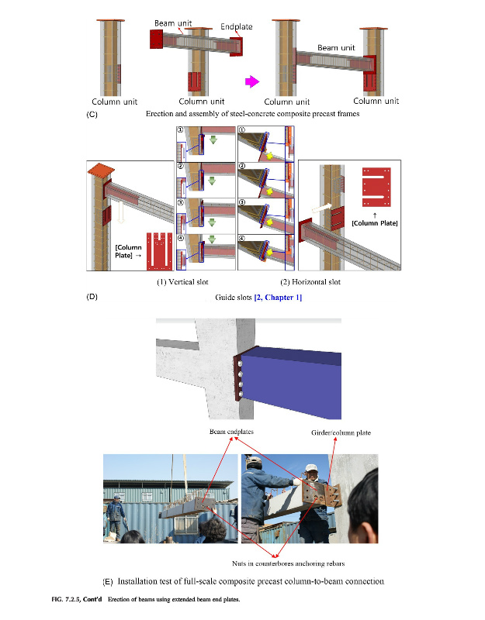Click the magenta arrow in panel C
pos(252,82)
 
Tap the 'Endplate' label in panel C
pos(237,26)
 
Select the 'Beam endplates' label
pos(231,432)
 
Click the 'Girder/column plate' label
pos(341,432)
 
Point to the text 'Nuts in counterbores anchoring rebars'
pos(288,563)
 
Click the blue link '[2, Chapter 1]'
pos(278,298)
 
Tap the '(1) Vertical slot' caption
pos(182,282)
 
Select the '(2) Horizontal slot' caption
pos(310,282)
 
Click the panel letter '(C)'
pos(92,115)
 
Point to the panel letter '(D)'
pos(92,297)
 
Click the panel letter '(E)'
pos(108,582)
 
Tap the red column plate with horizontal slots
pos(376,187)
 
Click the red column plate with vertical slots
pos(160,251)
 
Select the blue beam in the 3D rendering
pos(292,381)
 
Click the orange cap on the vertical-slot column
pos(101,170)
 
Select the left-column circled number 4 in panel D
pos(181,239)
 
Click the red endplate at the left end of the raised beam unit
pos(156,40)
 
